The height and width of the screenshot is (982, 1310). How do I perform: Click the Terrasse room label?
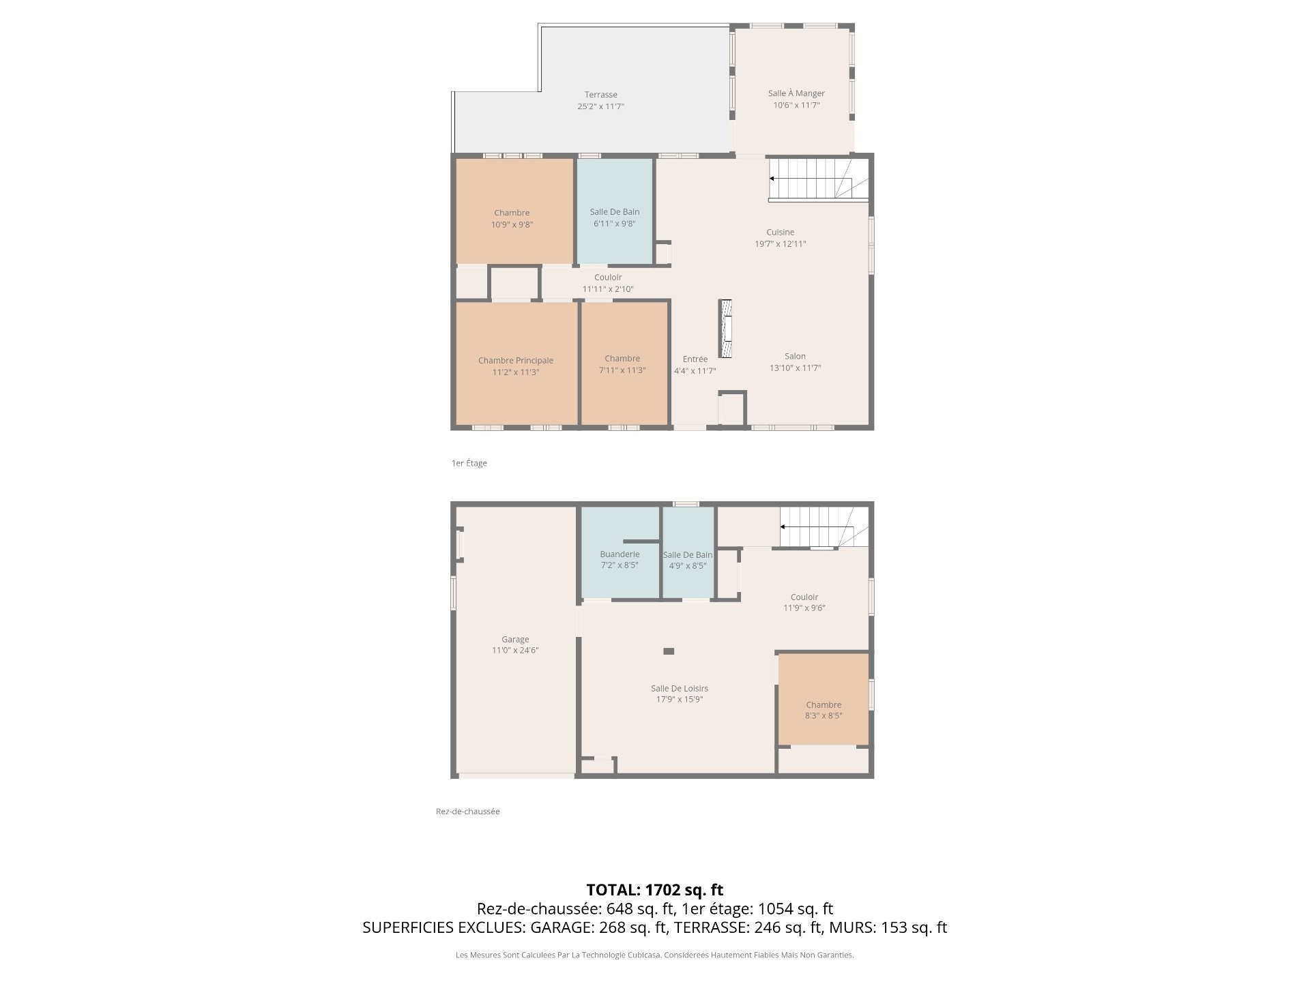600,95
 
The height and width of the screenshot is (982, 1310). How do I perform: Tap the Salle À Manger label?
796,93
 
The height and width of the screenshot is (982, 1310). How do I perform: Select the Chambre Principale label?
516,361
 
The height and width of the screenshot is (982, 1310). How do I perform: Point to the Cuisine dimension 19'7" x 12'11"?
781,244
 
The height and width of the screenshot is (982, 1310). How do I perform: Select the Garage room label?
515,640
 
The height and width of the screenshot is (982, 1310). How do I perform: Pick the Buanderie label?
620,554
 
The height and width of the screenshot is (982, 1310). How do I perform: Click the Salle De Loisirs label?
680,689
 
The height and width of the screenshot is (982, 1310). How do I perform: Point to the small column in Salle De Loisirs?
669,651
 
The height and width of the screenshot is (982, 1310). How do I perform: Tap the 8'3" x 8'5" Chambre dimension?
824,716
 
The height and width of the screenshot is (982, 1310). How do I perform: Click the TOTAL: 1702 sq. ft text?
655,890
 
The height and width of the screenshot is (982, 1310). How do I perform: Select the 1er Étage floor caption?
469,463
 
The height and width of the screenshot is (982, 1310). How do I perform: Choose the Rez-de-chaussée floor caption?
468,812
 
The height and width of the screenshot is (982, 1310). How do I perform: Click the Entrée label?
695,359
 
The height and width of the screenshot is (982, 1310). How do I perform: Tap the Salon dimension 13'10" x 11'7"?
795,368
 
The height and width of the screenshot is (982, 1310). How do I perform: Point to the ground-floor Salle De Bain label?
688,555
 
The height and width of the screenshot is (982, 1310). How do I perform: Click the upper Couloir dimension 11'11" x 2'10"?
608,289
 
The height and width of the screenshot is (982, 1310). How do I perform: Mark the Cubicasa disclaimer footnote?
655,955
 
